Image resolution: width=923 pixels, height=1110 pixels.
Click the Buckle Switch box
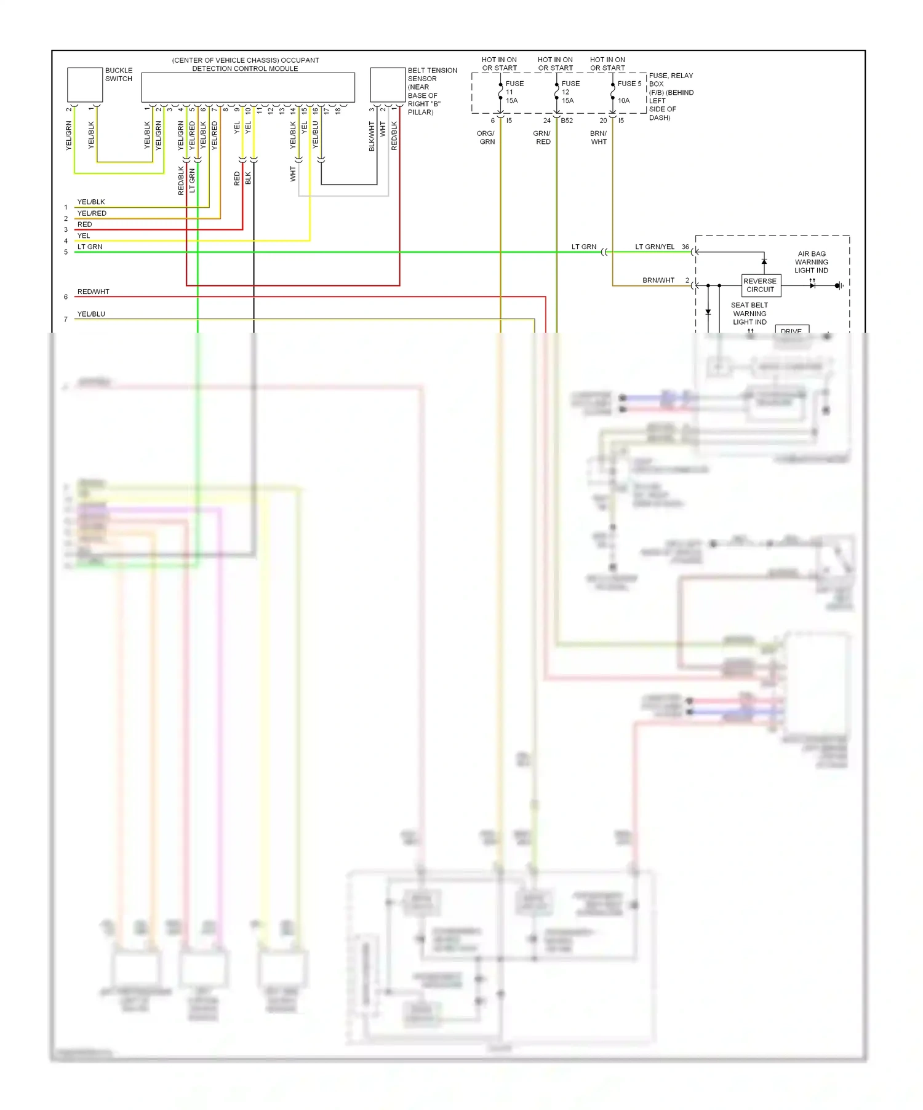[x=84, y=84]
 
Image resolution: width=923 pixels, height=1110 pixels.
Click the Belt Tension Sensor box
[x=387, y=84]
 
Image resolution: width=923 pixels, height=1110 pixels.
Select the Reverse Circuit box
[x=761, y=285]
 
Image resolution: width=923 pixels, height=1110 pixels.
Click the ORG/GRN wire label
[x=486, y=138]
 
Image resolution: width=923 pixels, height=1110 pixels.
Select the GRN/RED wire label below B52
[x=542, y=138]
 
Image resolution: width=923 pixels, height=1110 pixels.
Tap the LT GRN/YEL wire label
[x=654, y=247]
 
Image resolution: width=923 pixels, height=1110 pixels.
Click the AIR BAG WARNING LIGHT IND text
[x=811, y=262]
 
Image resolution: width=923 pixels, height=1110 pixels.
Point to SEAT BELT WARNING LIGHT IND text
[x=749, y=314]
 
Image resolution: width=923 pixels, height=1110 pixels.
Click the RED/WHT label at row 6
[x=93, y=292]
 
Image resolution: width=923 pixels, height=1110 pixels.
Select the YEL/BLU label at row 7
[x=91, y=314]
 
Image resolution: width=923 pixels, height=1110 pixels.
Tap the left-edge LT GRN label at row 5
[x=90, y=247]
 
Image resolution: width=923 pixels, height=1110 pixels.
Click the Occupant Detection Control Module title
[x=246, y=65]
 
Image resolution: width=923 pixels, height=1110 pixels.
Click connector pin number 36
[x=685, y=247]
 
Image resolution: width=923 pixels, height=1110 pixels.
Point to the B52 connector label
[x=567, y=121]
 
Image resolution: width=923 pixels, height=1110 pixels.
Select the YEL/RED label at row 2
[x=92, y=213]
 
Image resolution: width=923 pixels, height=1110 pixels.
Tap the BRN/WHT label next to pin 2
[x=658, y=280]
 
